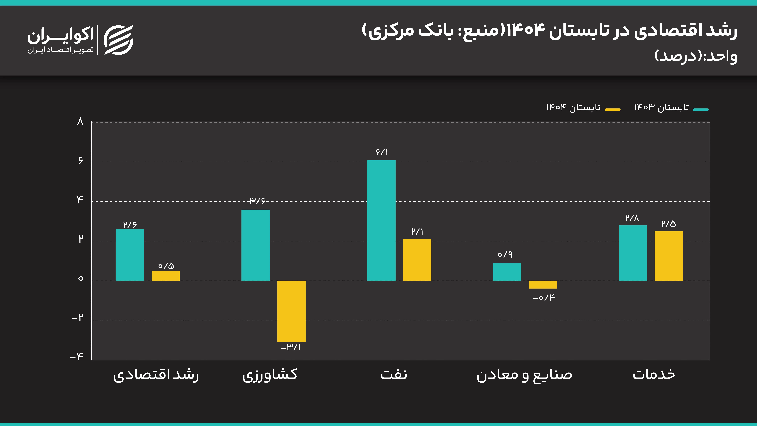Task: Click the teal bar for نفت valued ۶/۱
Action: pyautogui.click(x=381, y=220)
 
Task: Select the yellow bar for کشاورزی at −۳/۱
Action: pyautogui.click(x=291, y=311)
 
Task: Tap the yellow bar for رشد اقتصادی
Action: pyautogui.click(x=165, y=276)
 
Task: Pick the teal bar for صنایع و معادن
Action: pyautogui.click(x=507, y=272)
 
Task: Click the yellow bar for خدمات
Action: pyautogui.click(x=669, y=256)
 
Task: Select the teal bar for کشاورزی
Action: pyautogui.click(x=255, y=245)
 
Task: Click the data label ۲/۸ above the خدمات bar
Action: pyautogui.click(x=632, y=218)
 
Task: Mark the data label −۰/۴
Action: pyautogui.click(x=544, y=298)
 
